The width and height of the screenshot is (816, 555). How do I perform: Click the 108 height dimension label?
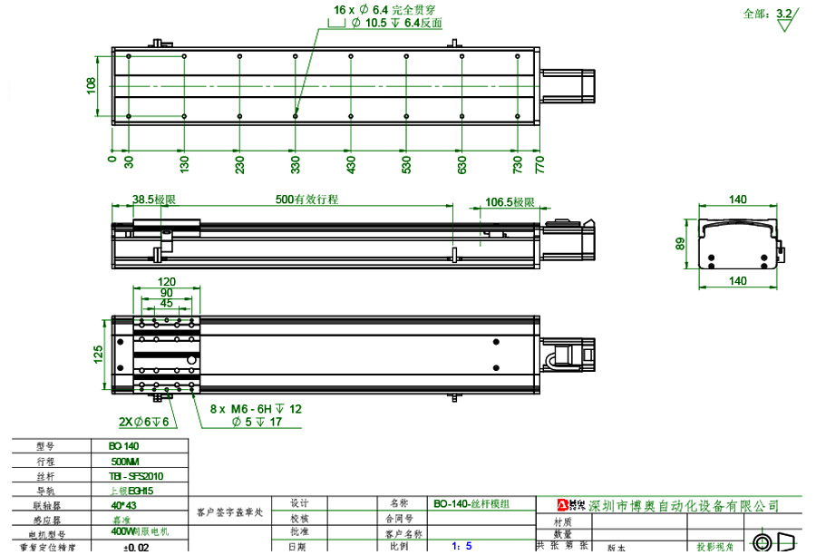point(91,86)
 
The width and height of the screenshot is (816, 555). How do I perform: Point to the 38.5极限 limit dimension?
point(153,200)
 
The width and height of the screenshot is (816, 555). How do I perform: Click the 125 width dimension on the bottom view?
point(99,353)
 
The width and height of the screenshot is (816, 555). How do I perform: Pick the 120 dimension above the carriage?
point(167,282)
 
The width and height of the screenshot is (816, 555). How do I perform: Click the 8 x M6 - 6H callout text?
point(257,410)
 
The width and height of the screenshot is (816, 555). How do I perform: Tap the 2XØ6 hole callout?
point(144,423)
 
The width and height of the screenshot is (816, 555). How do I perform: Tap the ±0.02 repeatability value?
point(137,548)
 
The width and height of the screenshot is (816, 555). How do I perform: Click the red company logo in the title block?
point(573,504)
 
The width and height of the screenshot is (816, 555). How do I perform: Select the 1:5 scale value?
point(462,547)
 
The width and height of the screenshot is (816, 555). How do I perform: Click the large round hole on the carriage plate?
point(192,360)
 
